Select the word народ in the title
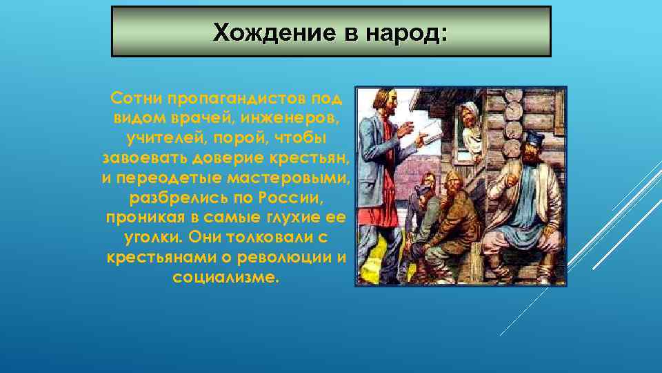408,32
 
